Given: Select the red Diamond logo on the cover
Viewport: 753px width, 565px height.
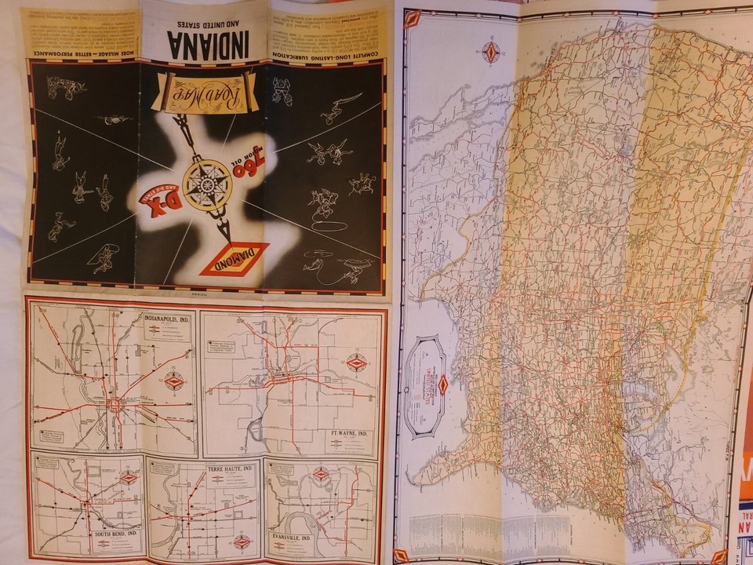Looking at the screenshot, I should click(x=233, y=259).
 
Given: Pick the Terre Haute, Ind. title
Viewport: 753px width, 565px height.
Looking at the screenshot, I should click(x=230, y=468).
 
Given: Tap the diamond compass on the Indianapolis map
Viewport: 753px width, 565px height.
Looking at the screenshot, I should click(x=173, y=381).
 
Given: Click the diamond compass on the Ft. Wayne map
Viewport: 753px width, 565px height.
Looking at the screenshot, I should click(x=357, y=363).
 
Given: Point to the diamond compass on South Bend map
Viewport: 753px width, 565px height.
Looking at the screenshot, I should click(x=129, y=477).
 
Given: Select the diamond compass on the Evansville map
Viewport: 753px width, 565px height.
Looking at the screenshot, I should click(x=321, y=474).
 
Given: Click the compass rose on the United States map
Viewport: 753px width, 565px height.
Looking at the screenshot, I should click(x=492, y=52).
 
